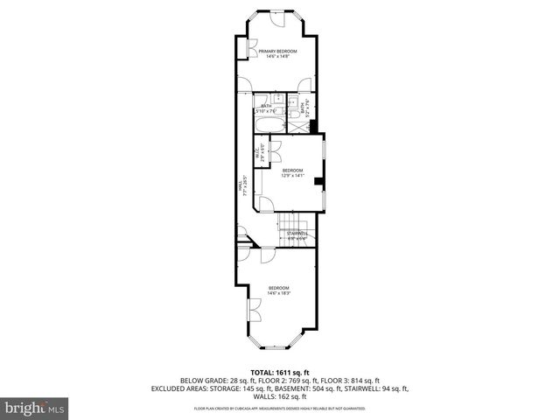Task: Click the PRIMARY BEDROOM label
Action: (x=277, y=52)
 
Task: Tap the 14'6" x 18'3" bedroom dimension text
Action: (x=279, y=293)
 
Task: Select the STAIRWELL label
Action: (x=297, y=233)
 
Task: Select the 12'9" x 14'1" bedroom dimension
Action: (x=291, y=175)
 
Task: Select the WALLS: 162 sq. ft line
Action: (x=279, y=395)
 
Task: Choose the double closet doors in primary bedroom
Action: (x=251, y=50)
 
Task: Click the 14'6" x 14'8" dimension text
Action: (x=277, y=57)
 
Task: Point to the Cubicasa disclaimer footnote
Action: (x=279, y=409)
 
